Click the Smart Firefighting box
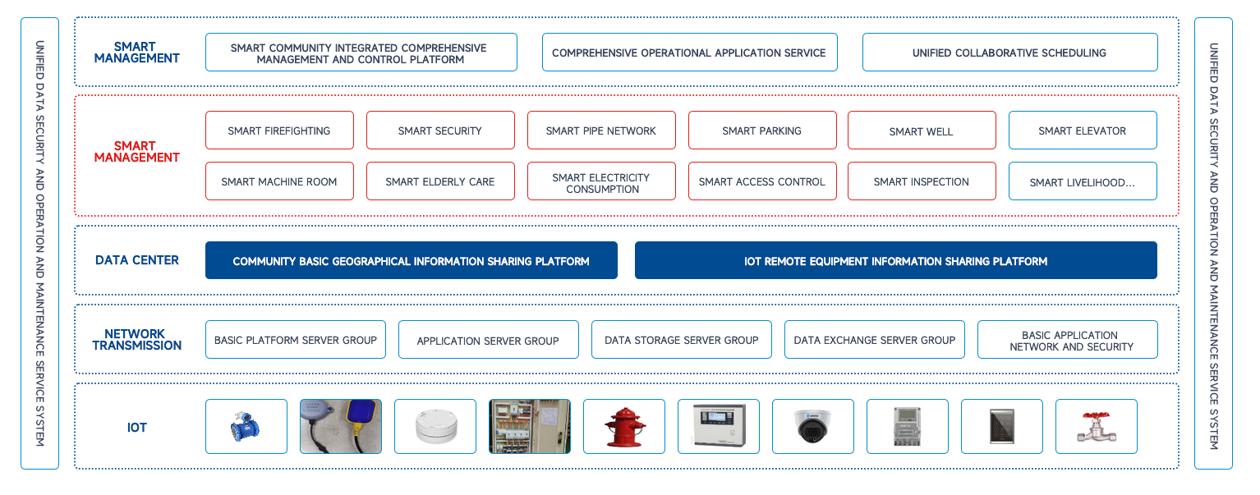279,131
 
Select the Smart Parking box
762,131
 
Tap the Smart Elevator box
1083,131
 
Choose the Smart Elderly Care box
440,181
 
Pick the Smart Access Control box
762,181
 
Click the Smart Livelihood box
1083,182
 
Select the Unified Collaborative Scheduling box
1009,53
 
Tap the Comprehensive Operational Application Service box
689,53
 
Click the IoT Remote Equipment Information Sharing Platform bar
895,261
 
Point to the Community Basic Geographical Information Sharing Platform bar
411,261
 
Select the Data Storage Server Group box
682,340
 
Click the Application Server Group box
488,340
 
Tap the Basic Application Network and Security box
1067,340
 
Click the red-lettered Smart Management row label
136,152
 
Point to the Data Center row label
136,260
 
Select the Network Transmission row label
136,340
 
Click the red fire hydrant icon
624,427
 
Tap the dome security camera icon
812,427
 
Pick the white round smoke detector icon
435,427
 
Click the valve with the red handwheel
1096,427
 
